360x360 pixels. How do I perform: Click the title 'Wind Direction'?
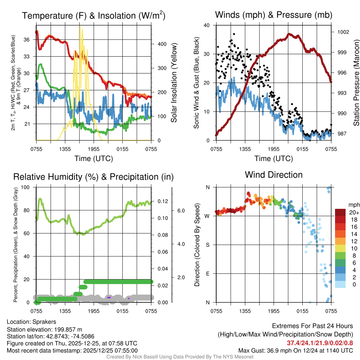(x=274, y=175)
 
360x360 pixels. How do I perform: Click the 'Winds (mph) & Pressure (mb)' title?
(x=274, y=15)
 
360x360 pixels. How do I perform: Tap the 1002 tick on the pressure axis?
(x=343, y=32)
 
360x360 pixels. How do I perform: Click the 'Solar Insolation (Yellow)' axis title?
(x=174, y=83)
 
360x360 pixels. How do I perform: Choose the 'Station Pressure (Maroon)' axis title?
(x=356, y=83)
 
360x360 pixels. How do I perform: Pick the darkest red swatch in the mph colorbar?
(x=340, y=212)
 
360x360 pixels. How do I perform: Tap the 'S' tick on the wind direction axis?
(x=207, y=245)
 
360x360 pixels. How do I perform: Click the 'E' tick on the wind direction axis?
(x=207, y=274)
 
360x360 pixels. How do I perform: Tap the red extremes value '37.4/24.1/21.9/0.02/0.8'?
(x=320, y=343)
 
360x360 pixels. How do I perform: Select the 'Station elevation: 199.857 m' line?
(x=44, y=329)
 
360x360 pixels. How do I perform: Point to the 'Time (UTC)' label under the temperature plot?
(x=94, y=159)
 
